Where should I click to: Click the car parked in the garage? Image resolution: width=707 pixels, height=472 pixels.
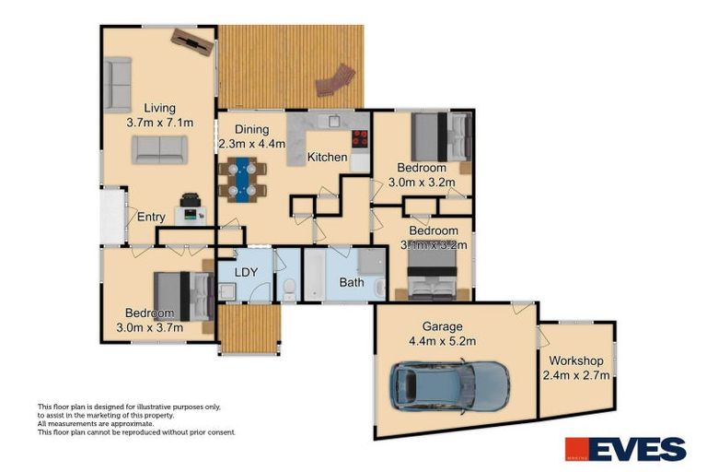pyautogui.click(x=449, y=384)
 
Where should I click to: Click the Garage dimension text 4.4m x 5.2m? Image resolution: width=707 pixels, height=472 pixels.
pyautogui.click(x=443, y=341)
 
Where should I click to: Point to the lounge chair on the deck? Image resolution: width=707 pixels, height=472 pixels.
pyautogui.click(x=335, y=80)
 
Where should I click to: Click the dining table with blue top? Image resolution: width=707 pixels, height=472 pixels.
pyautogui.click(x=243, y=179)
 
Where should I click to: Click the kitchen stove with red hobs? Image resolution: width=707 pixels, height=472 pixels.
pyautogui.click(x=359, y=140)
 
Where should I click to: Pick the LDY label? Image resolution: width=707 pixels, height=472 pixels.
pyautogui.click(x=245, y=273)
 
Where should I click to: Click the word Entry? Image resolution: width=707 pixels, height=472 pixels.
pyautogui.click(x=151, y=218)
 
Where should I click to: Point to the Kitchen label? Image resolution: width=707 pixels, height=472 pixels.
pyautogui.click(x=327, y=158)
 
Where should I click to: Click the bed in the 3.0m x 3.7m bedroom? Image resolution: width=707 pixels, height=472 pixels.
pyautogui.click(x=184, y=295)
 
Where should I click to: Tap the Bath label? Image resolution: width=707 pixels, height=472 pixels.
pyautogui.click(x=352, y=283)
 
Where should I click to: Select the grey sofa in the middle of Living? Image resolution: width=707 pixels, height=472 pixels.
pyautogui.click(x=158, y=149)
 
